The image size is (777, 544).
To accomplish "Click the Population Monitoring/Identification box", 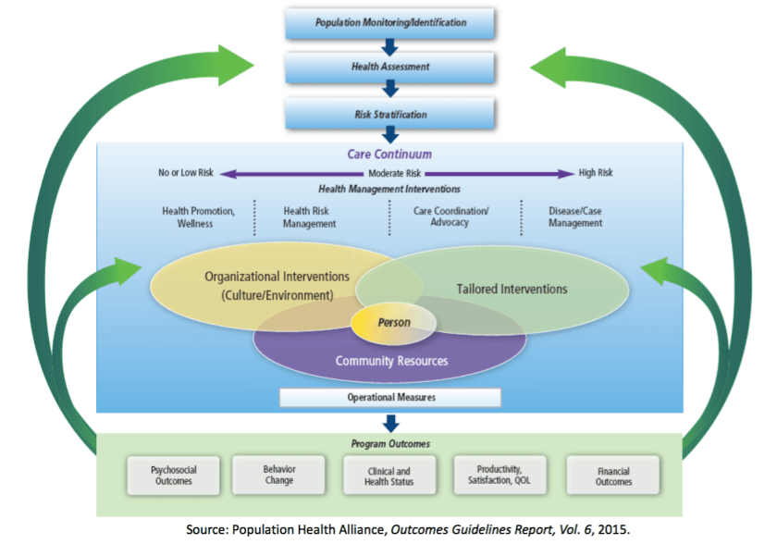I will tap(390, 22).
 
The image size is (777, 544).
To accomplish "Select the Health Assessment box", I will tap(390, 68).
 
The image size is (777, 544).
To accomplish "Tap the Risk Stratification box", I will tap(390, 114).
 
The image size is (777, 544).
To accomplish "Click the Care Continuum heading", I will tap(389, 155).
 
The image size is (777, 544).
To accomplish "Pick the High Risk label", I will tap(596, 173).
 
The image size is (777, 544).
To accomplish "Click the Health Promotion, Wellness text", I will tap(197, 216).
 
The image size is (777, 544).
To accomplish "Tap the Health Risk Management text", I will tap(309, 216).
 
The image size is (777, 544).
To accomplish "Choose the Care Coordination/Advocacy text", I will tap(450, 216).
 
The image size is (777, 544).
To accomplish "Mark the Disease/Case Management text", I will tap(574, 216).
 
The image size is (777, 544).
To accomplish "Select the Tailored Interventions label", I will tap(512, 290).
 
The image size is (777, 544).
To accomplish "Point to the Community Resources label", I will tap(390, 361).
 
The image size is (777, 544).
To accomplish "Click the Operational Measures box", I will tap(390, 398).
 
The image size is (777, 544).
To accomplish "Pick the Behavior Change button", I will tap(278, 474).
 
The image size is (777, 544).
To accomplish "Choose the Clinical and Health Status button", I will tap(389, 476).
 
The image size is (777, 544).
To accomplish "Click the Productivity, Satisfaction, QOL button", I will tap(499, 474).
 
